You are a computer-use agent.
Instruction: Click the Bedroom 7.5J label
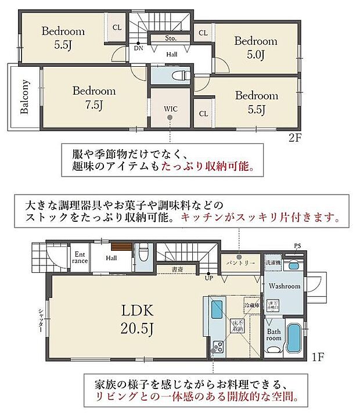(93, 98)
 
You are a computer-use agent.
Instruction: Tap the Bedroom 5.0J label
(255, 48)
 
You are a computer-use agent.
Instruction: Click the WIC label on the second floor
(170, 108)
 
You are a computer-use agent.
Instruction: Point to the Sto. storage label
(171, 39)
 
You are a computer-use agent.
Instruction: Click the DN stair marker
(139, 49)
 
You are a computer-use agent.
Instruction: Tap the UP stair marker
(208, 278)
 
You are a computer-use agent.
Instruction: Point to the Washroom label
(284, 286)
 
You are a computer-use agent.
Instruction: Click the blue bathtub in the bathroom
(293, 339)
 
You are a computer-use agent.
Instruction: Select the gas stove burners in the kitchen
(218, 347)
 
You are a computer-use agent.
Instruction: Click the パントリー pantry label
(239, 262)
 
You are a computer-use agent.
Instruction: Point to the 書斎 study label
(177, 269)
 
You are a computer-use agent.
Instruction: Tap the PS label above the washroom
(297, 246)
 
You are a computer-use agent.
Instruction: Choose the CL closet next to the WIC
(203, 114)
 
